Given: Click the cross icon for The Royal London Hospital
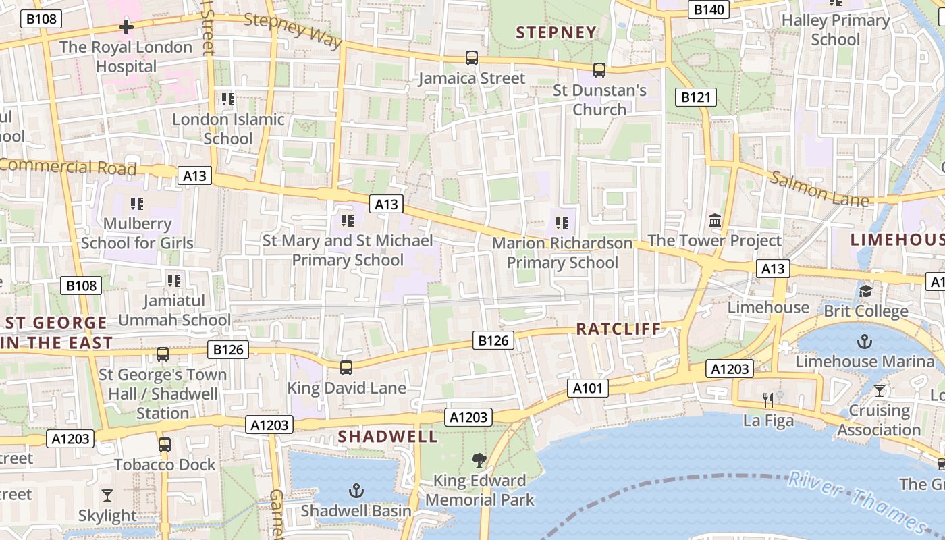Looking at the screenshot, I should pos(126,27).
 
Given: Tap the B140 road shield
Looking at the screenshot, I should pos(709,9).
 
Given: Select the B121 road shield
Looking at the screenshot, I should pos(696,97).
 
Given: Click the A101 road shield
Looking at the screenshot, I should pos(588,388).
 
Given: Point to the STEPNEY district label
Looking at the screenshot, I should pos(556,32).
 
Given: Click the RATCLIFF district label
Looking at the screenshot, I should pos(618,329).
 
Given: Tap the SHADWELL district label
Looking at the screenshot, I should pos(388,437).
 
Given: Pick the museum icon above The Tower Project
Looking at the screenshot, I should pos(715,220).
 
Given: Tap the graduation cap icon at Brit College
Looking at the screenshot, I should pos(865,291).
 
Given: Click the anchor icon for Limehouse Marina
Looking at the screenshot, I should pos(865,342).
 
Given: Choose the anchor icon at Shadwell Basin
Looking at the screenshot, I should pos(356,491).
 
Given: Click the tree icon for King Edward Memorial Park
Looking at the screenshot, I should pos(479,460).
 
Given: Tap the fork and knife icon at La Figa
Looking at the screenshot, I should pos(768,400).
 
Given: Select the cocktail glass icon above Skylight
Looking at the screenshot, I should pos(107,495).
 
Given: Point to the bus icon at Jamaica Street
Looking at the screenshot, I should pos(472,58).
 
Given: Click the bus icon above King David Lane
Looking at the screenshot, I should pos(346,368).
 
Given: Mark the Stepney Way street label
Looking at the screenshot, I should pos(293,30).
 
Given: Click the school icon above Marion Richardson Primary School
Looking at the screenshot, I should pos(562,223).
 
